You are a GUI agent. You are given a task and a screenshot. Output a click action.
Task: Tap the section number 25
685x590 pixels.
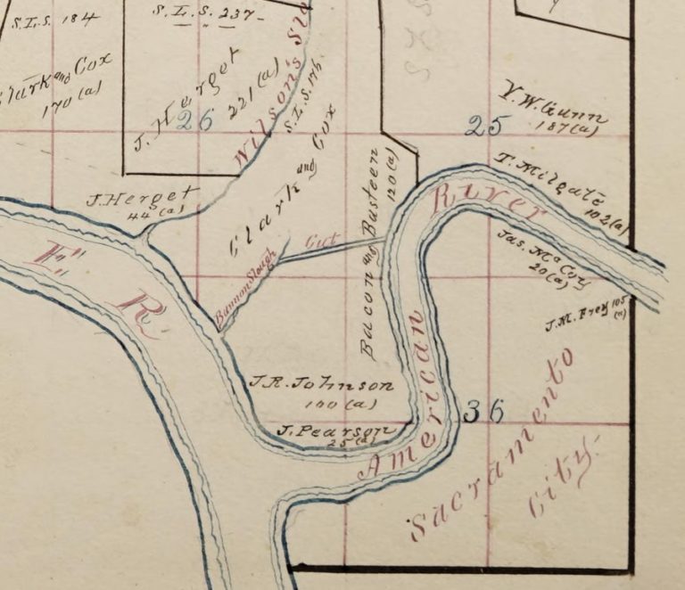click(483, 126)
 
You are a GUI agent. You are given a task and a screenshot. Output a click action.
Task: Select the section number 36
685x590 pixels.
click(485, 411)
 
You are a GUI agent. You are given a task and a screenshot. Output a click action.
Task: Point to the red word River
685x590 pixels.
click(485, 202)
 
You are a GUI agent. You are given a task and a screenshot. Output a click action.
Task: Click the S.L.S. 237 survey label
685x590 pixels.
click(210, 15)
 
